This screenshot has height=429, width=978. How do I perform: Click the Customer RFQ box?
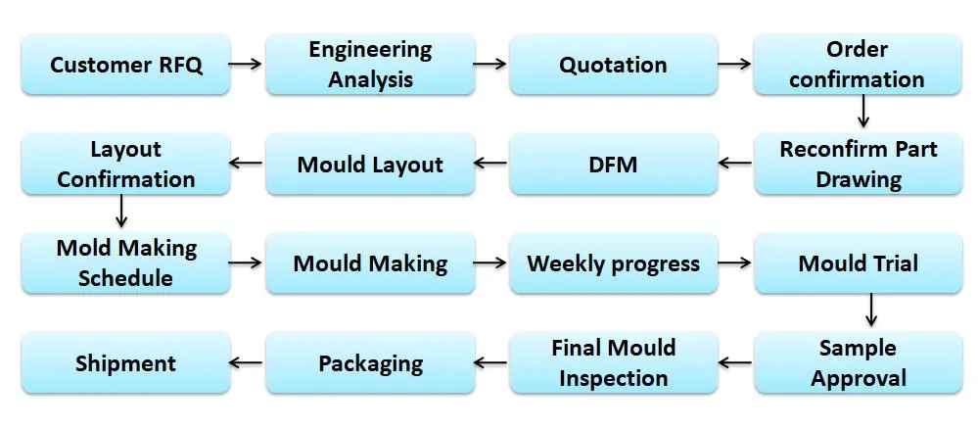[125, 66]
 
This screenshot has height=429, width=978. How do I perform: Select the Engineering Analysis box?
[369, 65]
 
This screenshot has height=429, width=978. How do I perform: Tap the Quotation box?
[613, 66]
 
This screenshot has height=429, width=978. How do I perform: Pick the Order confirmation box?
[857, 65]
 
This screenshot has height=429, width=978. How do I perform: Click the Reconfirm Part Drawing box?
[857, 165]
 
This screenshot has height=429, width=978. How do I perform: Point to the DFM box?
[613, 165]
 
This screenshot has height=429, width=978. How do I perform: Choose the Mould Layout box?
[369, 165]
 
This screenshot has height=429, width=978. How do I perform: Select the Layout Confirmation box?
[125, 165]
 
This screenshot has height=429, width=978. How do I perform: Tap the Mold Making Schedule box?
[125, 263]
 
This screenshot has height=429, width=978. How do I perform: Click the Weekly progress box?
[613, 263]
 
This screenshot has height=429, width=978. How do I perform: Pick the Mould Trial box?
[857, 263]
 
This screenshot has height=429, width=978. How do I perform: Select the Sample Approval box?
[857, 363]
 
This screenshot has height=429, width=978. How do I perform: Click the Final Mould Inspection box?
[613, 363]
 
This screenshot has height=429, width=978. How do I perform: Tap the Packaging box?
[369, 363]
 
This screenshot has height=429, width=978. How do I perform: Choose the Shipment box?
[125, 363]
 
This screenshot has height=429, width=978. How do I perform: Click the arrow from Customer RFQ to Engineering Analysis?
[248, 65]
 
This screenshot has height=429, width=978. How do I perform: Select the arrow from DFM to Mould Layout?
[491, 165]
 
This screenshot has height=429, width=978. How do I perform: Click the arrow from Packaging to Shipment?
[248, 363]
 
